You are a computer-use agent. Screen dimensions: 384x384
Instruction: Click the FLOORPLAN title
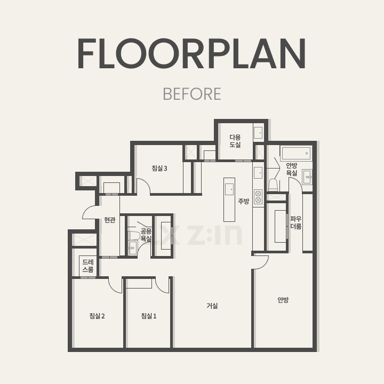click(x=192, y=53)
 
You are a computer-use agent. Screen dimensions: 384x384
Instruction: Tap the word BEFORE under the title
click(x=192, y=94)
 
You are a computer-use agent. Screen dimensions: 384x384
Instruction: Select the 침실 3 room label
click(x=159, y=168)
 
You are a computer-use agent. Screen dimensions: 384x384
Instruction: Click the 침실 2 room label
click(x=97, y=316)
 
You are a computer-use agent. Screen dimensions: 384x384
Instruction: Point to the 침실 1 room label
click(x=149, y=316)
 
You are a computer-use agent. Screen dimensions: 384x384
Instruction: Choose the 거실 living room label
click(x=212, y=306)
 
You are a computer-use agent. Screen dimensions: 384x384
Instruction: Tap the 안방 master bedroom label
click(x=283, y=300)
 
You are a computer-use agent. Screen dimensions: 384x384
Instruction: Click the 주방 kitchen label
click(x=244, y=201)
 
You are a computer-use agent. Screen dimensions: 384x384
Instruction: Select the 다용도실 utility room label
click(x=235, y=141)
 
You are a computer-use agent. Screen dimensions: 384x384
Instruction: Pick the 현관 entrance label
click(x=110, y=220)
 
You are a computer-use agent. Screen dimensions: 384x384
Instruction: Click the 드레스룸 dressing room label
click(x=88, y=266)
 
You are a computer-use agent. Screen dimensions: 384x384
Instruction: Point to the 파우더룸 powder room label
click(x=296, y=222)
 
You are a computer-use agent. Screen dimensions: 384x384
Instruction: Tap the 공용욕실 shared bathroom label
click(x=146, y=235)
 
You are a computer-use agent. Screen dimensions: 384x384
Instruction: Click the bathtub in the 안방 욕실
click(x=296, y=153)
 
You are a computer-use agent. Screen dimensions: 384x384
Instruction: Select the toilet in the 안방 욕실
click(x=273, y=185)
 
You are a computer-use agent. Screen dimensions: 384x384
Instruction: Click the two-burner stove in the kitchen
click(x=258, y=197)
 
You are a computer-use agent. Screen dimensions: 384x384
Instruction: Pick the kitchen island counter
click(x=229, y=199)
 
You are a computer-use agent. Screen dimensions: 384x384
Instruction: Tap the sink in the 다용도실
click(x=258, y=133)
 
